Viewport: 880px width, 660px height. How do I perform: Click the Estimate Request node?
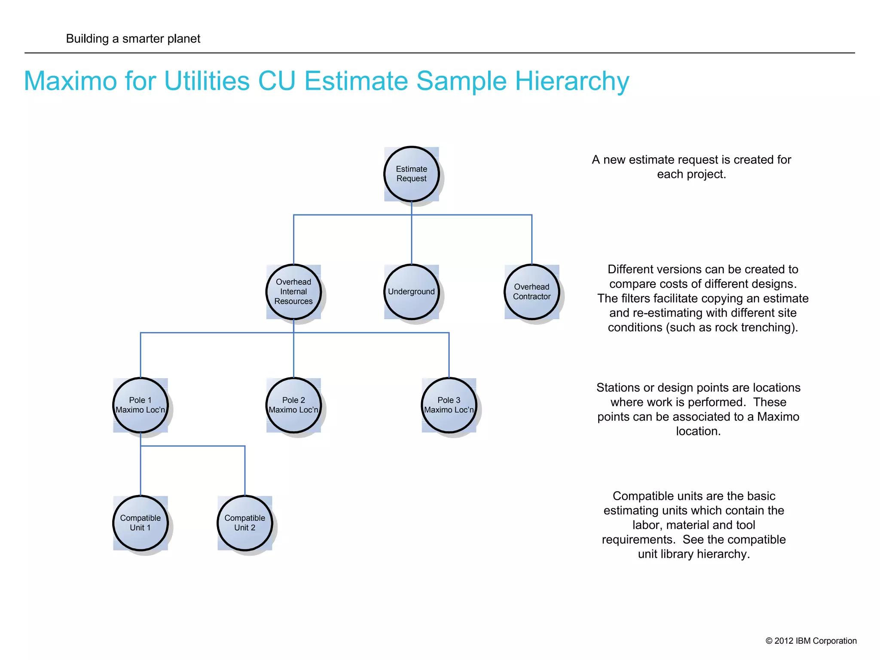click(411, 174)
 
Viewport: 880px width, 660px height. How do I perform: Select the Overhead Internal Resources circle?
click(293, 292)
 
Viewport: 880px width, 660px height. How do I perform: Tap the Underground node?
click(411, 292)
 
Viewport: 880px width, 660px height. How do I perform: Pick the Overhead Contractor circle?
click(532, 292)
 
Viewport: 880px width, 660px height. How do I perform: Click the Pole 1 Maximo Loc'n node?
click(141, 405)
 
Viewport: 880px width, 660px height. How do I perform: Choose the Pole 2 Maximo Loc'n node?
click(293, 405)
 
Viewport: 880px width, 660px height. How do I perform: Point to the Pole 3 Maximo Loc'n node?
click(449, 405)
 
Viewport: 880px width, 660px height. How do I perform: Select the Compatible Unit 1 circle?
click(141, 523)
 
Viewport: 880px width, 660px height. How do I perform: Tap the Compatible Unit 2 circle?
click(245, 523)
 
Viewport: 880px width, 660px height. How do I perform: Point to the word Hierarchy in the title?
click(572, 82)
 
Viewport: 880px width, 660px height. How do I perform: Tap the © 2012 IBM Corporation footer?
click(811, 641)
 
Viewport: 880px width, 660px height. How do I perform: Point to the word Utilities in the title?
click(207, 81)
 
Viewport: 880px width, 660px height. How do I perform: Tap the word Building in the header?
click(87, 39)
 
